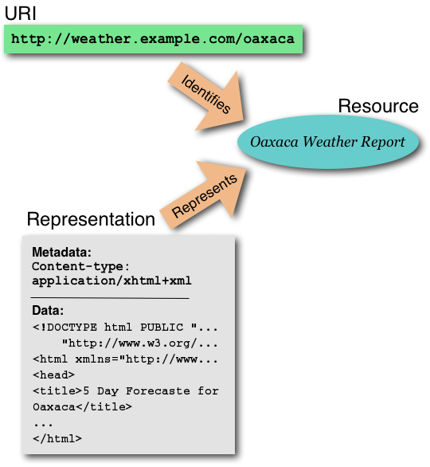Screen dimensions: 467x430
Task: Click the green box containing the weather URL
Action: tap(153, 40)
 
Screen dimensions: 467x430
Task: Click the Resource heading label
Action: tap(377, 106)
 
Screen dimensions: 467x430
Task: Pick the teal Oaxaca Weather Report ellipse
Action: tap(327, 143)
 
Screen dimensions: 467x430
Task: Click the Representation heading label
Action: tap(91, 219)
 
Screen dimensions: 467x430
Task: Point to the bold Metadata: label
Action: tap(62, 253)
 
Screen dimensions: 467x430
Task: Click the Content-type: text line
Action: tap(80, 267)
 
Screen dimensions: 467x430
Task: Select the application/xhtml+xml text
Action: tap(111, 281)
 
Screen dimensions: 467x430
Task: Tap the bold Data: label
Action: tap(48, 310)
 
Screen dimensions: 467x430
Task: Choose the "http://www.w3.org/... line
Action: tap(139, 343)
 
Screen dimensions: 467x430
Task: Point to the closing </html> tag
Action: tap(57, 438)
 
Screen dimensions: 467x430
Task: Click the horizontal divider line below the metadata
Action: tap(110, 296)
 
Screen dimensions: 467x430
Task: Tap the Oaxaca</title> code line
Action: tap(82, 406)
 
